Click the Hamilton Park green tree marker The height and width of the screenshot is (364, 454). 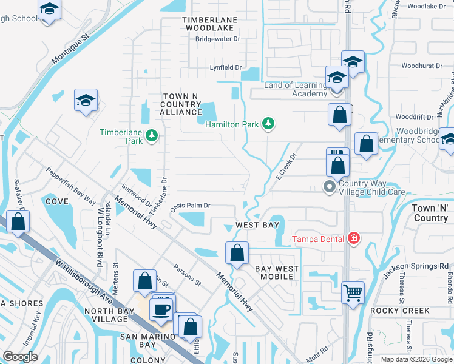[268, 124]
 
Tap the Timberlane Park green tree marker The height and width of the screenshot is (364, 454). [151, 135]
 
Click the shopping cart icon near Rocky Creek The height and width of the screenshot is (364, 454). [353, 293]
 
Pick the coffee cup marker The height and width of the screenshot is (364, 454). [161, 309]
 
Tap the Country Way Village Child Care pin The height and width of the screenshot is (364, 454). [329, 186]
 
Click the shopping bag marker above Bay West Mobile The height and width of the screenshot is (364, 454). [237, 252]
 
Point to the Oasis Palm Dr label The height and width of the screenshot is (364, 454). [190, 206]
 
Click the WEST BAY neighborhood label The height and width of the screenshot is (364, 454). [257, 225]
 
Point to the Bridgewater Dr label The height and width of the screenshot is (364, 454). [217, 39]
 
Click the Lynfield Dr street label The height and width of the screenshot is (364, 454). [226, 68]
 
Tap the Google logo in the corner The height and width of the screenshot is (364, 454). [20, 357]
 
